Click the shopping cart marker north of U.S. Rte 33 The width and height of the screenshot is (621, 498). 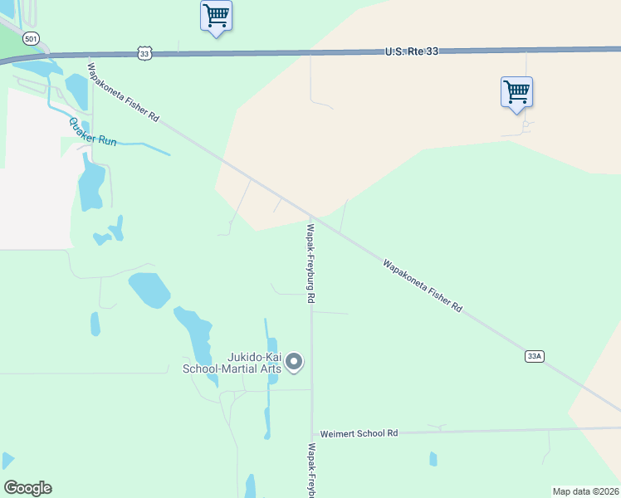(x=216, y=16)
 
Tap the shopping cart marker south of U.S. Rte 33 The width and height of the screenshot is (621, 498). (x=516, y=91)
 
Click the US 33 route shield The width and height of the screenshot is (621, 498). (x=145, y=53)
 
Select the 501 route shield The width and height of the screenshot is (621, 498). (x=31, y=39)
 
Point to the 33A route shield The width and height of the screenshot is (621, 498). (x=534, y=356)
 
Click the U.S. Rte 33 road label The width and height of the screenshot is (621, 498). (x=411, y=51)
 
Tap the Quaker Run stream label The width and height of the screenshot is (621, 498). (x=93, y=132)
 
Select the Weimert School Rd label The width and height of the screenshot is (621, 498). (x=359, y=433)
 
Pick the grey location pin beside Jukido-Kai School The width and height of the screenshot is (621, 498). (x=294, y=362)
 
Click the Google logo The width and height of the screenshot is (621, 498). (x=27, y=487)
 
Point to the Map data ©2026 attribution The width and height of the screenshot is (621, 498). (x=586, y=491)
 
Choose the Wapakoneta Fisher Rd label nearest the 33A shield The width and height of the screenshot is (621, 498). (x=422, y=286)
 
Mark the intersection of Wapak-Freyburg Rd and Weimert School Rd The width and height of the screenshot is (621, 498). (x=312, y=434)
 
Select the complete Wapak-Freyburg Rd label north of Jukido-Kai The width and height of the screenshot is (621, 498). (x=310, y=262)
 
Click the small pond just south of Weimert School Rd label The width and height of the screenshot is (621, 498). (x=433, y=458)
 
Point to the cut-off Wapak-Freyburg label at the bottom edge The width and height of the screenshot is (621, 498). (x=311, y=471)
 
